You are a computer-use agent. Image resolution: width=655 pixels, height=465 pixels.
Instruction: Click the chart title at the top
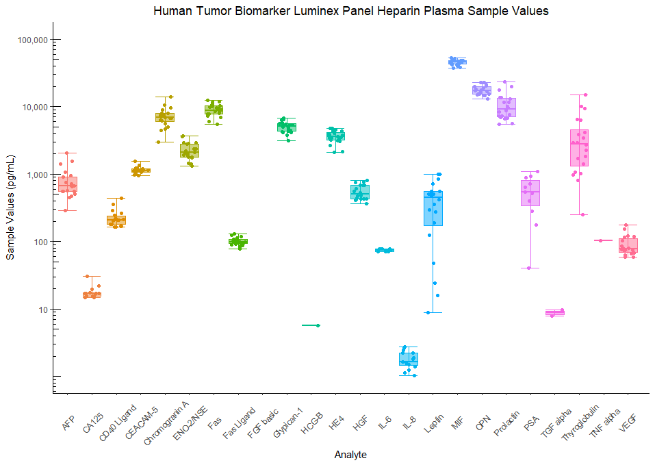coord(350,11)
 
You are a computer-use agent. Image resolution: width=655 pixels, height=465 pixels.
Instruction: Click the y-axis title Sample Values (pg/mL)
coord(10,205)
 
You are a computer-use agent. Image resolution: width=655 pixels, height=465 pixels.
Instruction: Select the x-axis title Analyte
coord(350,455)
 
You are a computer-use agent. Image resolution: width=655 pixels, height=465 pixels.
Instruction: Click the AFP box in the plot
coord(67,184)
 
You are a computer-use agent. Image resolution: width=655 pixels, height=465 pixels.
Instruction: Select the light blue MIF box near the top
coord(457,62)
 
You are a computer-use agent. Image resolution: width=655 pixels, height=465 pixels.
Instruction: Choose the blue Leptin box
coord(433,208)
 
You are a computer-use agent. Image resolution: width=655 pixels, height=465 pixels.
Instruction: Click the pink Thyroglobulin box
coord(580,147)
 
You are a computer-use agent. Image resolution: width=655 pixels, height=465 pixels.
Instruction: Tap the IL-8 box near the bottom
coord(409,359)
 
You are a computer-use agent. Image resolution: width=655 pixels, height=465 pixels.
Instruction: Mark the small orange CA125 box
coord(92,294)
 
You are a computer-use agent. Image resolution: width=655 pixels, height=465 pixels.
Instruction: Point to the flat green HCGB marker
coord(311,325)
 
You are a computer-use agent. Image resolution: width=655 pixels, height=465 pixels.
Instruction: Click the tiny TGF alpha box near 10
coord(555,313)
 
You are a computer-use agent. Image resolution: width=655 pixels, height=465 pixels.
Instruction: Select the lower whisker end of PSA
coord(530,268)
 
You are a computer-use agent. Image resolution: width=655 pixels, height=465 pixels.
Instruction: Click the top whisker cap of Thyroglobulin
coord(580,95)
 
